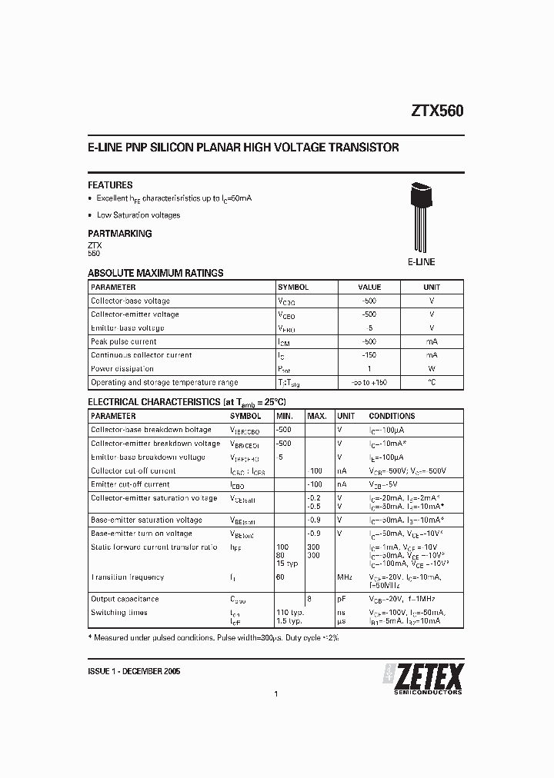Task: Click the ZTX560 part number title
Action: [x=432, y=111]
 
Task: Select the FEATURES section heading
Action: [x=110, y=185]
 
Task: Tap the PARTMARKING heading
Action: [x=119, y=234]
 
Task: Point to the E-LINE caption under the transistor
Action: [x=421, y=262]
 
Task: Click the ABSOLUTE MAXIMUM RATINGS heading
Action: [x=155, y=273]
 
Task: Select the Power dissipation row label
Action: [x=122, y=369]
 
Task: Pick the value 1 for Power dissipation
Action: [x=369, y=369]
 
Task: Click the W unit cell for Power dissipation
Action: [x=432, y=369]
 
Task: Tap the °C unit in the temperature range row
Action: [x=432, y=382]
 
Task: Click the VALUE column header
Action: [x=369, y=287]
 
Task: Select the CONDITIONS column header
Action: [x=392, y=416]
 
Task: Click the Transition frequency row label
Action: [x=127, y=577]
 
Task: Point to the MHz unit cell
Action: [x=345, y=577]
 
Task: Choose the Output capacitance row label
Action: [x=125, y=599]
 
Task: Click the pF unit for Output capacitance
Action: [x=341, y=599]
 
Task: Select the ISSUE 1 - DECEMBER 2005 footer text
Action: [x=135, y=671]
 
